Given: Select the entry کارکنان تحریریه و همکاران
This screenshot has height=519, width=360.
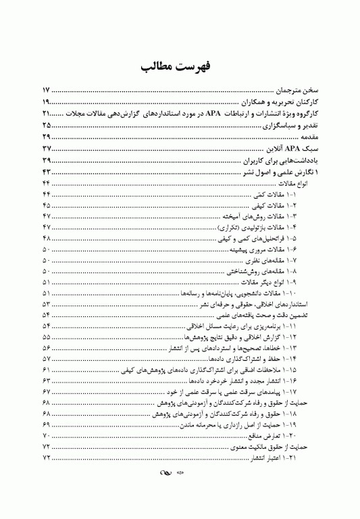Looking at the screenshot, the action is [280, 101].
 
